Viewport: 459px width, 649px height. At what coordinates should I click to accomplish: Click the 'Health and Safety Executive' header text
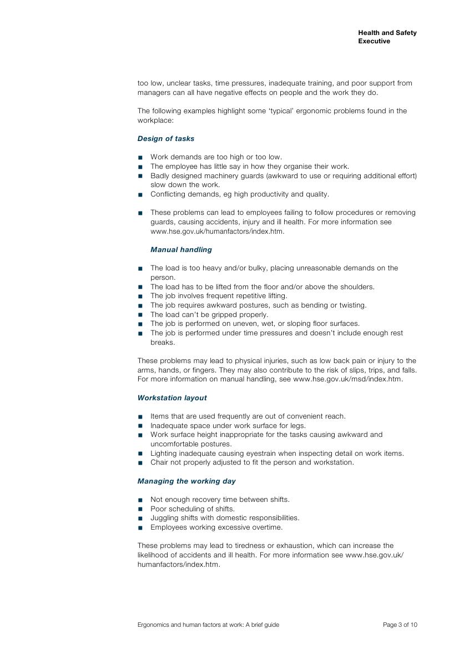point(387,37)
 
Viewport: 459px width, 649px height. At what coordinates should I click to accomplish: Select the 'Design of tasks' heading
point(165,139)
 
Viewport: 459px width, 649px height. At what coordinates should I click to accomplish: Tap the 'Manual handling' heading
point(181,250)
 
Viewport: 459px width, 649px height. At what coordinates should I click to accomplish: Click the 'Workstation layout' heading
point(172,398)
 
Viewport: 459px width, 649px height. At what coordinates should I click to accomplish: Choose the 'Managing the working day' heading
point(186,481)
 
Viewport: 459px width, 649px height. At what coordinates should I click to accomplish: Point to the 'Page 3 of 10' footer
point(400,625)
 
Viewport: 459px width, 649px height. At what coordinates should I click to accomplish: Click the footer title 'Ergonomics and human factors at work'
point(208,625)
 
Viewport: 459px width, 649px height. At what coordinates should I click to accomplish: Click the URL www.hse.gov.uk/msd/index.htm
point(347,380)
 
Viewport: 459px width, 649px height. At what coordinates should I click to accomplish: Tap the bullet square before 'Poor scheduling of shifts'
point(140,510)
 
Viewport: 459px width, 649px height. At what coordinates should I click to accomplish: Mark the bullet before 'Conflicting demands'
point(140,195)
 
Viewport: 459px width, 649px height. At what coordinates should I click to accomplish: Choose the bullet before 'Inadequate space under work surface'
point(140,426)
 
